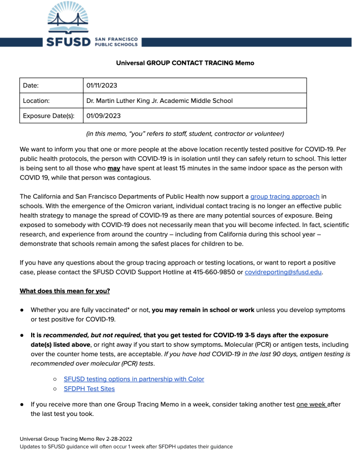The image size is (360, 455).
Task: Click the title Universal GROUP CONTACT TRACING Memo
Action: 185,63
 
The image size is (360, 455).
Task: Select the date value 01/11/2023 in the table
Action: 102,86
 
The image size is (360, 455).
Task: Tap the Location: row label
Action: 37,101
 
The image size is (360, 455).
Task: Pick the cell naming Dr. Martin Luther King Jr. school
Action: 159,101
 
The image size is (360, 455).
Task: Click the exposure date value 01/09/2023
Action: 103,116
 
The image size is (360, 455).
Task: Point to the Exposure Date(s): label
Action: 49,116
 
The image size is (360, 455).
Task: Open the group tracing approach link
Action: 285,197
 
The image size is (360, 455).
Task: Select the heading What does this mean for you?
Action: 65,291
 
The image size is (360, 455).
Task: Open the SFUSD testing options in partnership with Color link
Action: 134,379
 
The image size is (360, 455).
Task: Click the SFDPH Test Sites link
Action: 89,389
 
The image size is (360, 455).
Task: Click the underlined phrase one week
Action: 311,404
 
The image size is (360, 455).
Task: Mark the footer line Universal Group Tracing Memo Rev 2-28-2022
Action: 76,439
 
